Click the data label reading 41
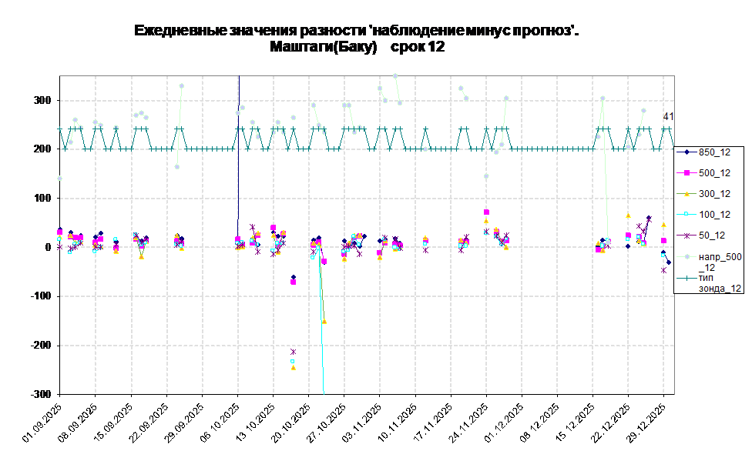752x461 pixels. pos(669,116)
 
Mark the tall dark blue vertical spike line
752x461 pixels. pos(239,154)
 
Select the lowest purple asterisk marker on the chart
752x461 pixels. pos(293,352)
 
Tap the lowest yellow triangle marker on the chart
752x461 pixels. pos(293,368)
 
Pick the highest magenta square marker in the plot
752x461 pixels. pos(486,212)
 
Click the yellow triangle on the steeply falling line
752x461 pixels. pos(324,322)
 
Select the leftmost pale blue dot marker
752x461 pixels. pos(59,178)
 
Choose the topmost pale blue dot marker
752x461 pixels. pos(395,75)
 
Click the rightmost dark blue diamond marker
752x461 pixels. pos(669,262)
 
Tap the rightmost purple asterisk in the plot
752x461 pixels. pos(663,270)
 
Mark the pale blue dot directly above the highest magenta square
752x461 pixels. pos(486,176)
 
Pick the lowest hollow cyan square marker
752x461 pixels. pos(293,360)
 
